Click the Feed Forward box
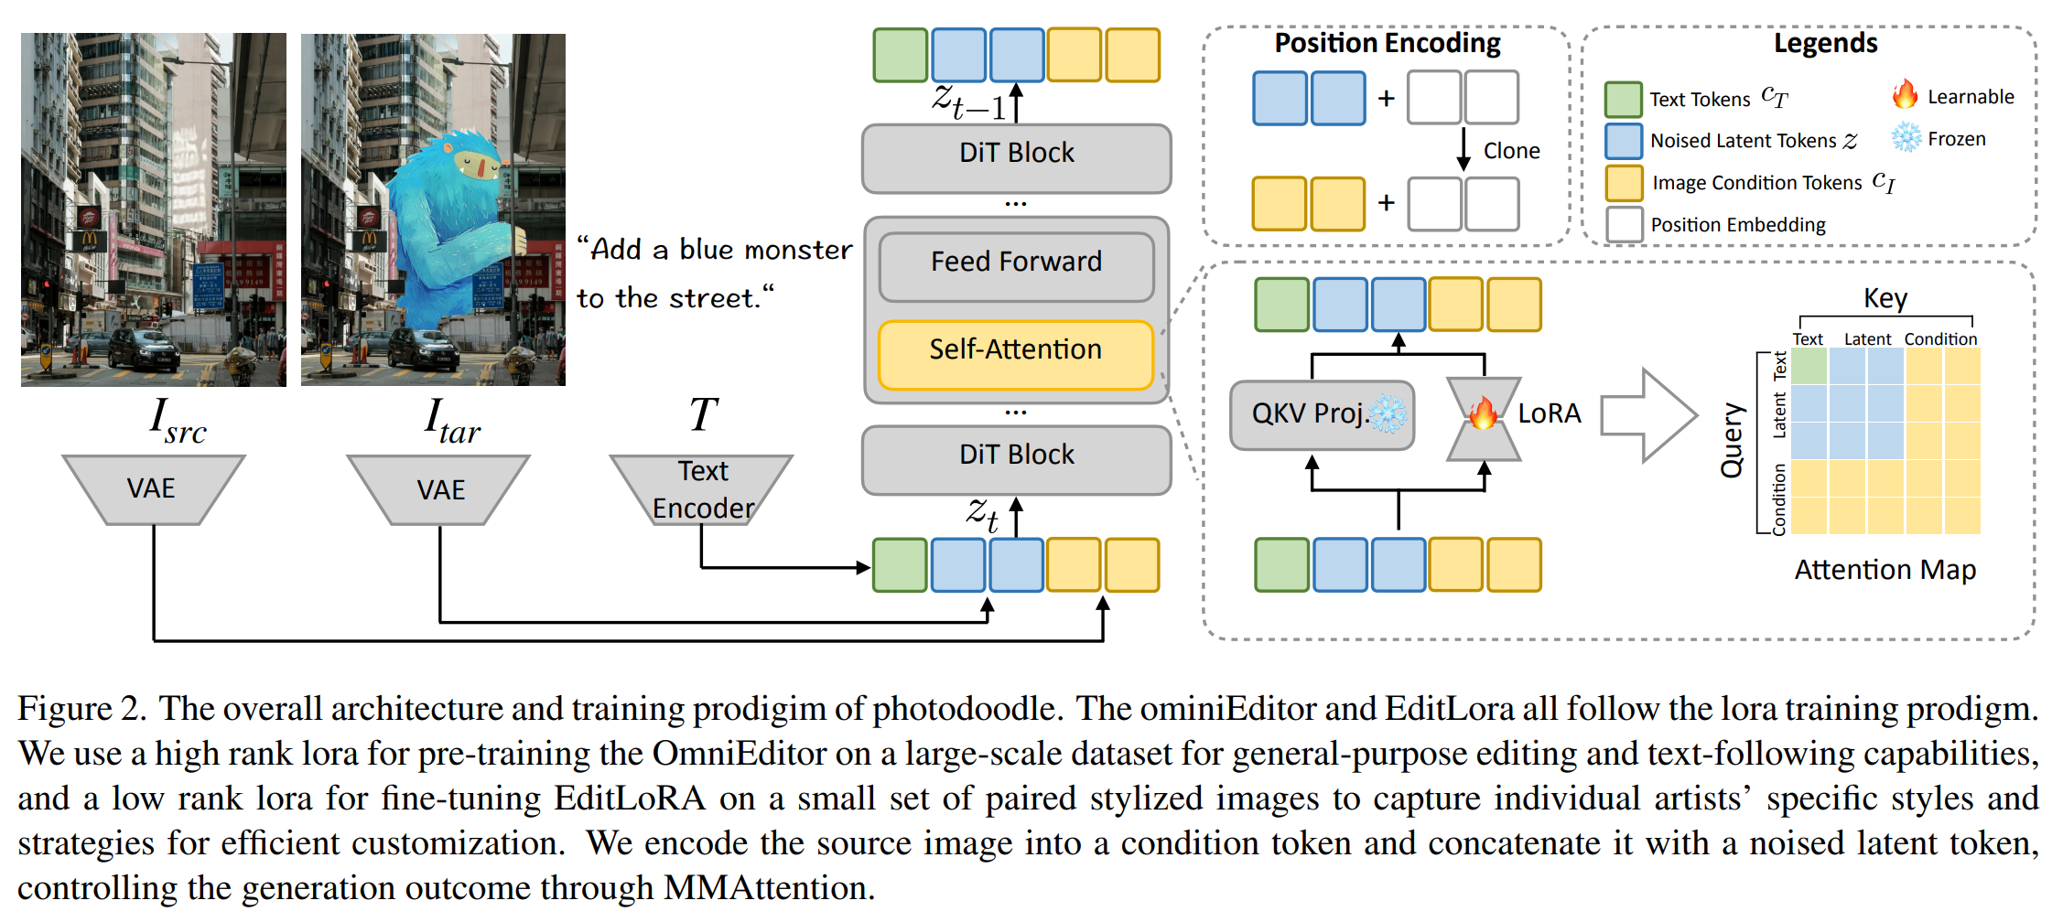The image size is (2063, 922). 1016,263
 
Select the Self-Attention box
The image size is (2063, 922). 1016,350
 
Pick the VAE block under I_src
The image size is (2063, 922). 152,489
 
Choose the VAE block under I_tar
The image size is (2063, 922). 440,489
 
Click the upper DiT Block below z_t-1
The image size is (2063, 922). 1016,154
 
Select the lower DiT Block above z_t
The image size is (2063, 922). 1016,456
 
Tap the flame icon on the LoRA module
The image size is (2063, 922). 1483,413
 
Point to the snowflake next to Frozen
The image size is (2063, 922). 1906,138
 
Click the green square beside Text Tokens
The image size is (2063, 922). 1623,99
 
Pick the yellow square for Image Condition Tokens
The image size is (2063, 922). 1624,182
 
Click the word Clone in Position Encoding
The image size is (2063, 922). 1511,151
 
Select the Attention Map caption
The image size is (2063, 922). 1885,570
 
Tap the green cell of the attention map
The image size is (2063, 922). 1809,367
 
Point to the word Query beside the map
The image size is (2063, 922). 1732,440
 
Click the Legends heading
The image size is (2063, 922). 1825,43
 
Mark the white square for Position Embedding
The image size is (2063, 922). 1624,224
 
